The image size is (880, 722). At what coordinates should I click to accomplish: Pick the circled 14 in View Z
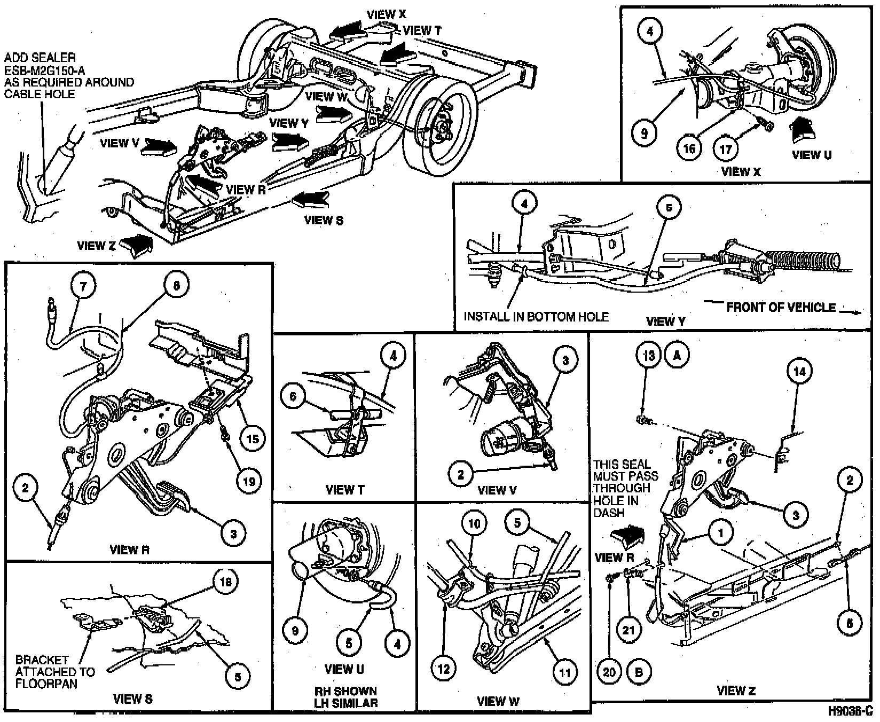(799, 372)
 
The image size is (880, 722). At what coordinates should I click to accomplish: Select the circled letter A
(677, 356)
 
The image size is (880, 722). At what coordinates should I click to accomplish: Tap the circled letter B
(639, 672)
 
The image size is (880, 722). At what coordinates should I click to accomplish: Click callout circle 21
(628, 630)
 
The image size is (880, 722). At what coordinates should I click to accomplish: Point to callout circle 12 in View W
(444, 669)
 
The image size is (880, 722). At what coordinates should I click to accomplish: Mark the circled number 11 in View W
(564, 673)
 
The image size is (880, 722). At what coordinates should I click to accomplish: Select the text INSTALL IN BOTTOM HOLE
(536, 317)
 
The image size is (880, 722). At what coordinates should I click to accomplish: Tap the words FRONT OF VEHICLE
(781, 308)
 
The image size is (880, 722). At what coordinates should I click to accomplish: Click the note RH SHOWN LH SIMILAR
(345, 697)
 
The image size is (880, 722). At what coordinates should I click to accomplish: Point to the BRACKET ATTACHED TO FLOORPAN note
(54, 672)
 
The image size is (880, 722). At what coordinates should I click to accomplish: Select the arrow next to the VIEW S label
(311, 200)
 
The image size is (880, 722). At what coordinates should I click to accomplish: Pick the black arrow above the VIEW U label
(803, 130)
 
